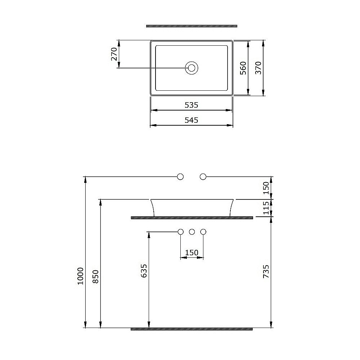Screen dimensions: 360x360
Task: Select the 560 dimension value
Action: [x=243, y=68]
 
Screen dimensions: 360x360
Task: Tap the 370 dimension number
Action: [x=258, y=68]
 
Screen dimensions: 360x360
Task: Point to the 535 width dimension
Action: [x=192, y=105]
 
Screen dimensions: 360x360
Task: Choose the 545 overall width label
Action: [x=192, y=120]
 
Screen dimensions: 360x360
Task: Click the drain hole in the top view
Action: [x=192, y=67]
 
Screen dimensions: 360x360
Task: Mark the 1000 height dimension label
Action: [x=80, y=276]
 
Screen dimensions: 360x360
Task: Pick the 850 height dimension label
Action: [x=95, y=276]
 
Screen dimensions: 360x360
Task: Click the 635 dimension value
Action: [x=144, y=271]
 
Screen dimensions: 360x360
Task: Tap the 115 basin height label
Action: [x=266, y=208]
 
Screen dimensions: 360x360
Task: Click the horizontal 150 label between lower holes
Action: [x=192, y=253]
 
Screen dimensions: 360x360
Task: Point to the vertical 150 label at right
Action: [x=266, y=188]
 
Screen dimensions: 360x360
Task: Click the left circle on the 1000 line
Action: [x=181, y=176]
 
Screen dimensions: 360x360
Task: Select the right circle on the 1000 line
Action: [x=203, y=176]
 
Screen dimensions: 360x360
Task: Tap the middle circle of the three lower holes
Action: [x=192, y=231]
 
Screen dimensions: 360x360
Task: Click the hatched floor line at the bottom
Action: [x=192, y=328]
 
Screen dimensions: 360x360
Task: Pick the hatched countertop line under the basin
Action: [x=192, y=217]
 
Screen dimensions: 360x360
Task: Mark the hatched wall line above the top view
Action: [x=192, y=26]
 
